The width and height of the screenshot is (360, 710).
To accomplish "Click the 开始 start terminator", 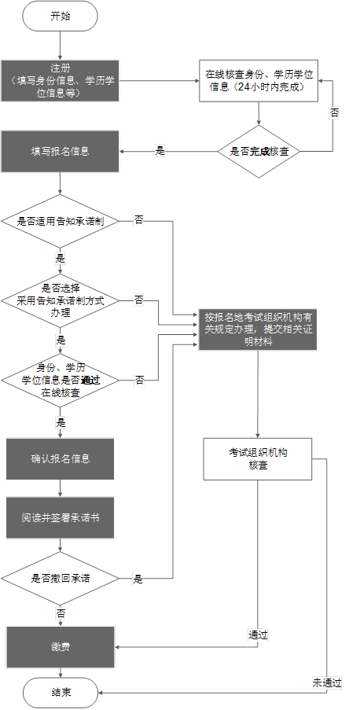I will click(x=61, y=17).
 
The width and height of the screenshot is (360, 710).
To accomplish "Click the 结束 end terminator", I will click(x=61, y=693).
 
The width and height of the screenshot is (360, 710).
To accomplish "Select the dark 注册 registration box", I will click(x=61, y=81).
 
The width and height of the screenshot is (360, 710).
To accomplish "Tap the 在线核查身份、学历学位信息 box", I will click(x=259, y=81).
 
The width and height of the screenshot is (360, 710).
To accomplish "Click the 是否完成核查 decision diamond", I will click(x=259, y=151).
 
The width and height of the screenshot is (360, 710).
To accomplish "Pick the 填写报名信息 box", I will click(x=61, y=151).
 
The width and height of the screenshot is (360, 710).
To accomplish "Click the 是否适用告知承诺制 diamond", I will click(x=61, y=222).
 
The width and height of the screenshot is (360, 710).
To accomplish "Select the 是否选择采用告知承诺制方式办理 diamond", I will click(x=61, y=300).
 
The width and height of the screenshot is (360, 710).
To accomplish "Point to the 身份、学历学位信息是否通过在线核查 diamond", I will click(x=61, y=380).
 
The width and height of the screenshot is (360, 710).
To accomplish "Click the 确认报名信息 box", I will click(x=61, y=458).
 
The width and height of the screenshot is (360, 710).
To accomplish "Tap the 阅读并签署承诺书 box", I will click(x=61, y=520).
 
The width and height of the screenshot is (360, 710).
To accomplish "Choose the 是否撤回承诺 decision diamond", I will click(x=61, y=578).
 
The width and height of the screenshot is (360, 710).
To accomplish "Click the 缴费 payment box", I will click(x=61, y=647).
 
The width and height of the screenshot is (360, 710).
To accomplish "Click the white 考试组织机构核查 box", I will click(x=259, y=458).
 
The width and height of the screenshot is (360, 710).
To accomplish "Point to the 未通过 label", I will click(x=326, y=682).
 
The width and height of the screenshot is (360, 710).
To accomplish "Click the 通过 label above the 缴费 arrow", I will click(x=259, y=635).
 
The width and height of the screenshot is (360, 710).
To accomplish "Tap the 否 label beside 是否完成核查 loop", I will click(x=335, y=113).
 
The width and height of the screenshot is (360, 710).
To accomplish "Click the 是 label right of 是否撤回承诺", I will click(x=138, y=579).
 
